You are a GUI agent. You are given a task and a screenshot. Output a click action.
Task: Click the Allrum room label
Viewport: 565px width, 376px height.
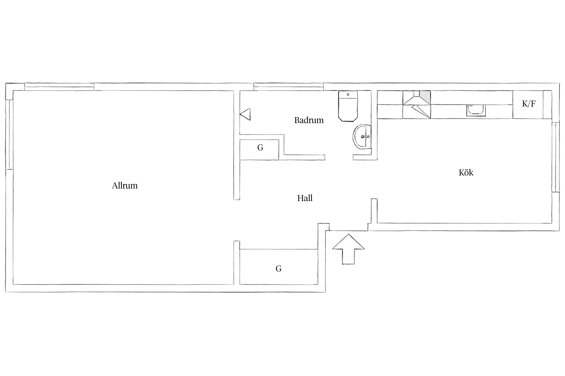point(125,185)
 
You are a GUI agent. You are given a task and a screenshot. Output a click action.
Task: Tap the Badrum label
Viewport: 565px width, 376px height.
point(309,120)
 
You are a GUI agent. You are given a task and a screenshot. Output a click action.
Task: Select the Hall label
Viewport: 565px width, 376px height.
point(305,198)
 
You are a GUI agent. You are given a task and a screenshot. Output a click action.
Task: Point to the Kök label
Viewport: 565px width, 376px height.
point(466,172)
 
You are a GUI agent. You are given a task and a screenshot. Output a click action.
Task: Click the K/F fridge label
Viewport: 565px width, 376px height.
point(529,104)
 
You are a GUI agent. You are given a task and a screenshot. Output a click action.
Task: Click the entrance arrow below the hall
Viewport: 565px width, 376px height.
point(348,249)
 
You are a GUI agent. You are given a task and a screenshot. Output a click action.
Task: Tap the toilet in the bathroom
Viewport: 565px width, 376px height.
point(348,106)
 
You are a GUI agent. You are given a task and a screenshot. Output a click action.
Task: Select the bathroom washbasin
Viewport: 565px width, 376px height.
point(362,137)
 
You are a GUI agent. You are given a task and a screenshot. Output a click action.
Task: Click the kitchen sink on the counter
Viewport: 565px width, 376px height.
point(476,110)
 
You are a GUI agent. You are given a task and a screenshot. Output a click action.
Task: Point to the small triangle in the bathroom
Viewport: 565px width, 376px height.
point(245,114)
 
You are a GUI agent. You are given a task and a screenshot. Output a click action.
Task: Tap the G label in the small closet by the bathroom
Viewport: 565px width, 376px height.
point(260,148)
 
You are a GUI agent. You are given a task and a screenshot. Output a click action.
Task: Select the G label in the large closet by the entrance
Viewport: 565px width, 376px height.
point(278,269)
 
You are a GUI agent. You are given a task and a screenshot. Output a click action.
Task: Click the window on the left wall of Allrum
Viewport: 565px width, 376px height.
point(9,135)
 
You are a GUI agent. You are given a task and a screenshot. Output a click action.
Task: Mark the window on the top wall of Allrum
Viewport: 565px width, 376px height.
point(59,87)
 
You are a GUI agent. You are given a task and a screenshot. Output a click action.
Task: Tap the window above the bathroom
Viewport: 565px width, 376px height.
point(289,87)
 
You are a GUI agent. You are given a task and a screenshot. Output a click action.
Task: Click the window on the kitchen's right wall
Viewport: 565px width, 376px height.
point(555,157)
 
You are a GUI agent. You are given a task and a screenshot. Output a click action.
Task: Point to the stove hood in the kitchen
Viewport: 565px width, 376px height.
point(417,98)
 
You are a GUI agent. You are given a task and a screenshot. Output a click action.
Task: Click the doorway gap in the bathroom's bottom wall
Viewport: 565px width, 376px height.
point(339,157)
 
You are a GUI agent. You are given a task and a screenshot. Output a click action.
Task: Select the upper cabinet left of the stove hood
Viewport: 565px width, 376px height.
point(390,98)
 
